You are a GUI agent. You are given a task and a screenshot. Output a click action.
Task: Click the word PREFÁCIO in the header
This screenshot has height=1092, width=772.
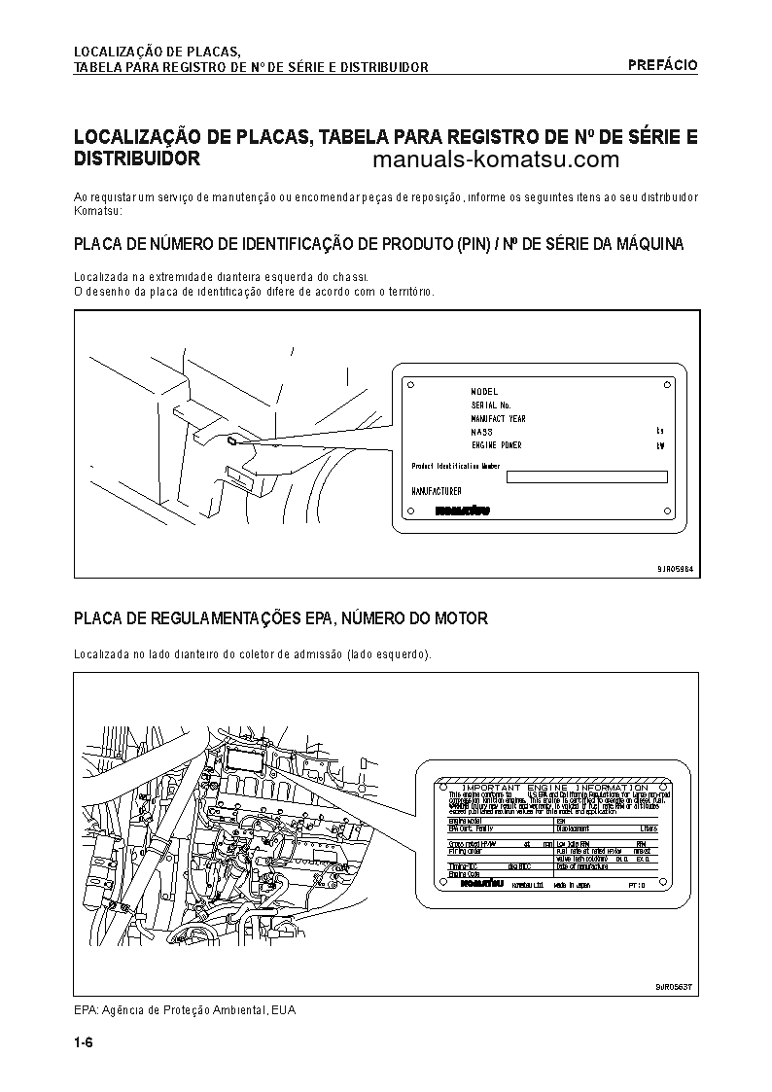click(x=662, y=65)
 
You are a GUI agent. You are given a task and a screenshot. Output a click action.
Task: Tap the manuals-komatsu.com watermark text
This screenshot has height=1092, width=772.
click(x=495, y=160)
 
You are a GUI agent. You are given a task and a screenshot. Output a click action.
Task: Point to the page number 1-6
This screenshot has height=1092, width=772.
click(x=83, y=1045)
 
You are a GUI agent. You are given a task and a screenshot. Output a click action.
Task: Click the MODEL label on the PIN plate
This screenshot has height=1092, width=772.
click(x=484, y=391)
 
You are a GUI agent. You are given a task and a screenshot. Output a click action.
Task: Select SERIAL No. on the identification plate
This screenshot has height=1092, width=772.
click(x=491, y=405)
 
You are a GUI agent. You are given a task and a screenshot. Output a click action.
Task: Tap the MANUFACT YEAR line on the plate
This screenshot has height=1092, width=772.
click(x=498, y=418)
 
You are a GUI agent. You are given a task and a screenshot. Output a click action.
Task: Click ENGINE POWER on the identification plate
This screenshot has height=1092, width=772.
click(x=496, y=445)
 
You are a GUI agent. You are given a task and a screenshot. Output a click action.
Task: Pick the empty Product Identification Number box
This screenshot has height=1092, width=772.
click(x=586, y=476)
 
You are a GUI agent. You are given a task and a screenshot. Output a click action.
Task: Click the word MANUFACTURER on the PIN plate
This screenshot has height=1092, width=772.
click(x=437, y=492)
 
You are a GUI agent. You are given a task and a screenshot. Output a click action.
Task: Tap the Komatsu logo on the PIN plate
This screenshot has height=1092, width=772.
click(x=462, y=510)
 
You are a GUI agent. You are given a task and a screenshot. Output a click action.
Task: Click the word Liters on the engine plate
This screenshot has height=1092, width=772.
click(x=649, y=828)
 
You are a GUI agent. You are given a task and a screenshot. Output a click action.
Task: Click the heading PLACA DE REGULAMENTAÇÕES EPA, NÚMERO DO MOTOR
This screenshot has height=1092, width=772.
click(x=281, y=618)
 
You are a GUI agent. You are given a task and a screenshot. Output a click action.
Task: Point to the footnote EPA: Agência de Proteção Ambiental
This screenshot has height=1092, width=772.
click(x=185, y=1010)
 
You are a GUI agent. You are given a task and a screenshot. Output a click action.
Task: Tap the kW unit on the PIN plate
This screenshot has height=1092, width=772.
click(x=659, y=445)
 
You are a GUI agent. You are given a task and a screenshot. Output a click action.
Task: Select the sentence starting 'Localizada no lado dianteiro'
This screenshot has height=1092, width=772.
click(x=253, y=654)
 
